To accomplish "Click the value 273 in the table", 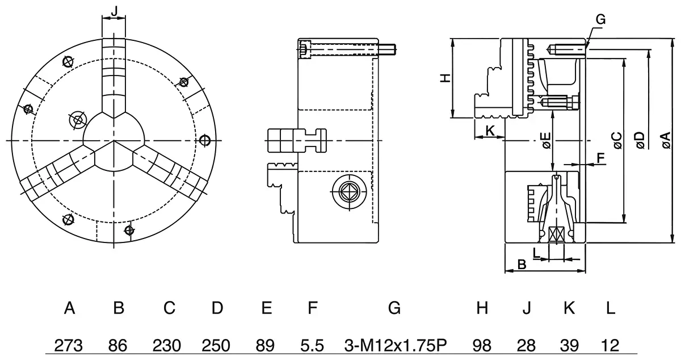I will coord(69,345).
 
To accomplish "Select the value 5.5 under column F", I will coord(312,345).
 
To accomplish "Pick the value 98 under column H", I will coord(482,345).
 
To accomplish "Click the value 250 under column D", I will coord(217,345).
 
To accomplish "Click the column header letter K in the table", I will coord(569,308).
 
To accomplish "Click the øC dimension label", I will coord(616,140).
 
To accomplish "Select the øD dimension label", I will coord(640,140).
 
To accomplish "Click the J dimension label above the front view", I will coord(114,11).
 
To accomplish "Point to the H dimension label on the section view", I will coord(446,78).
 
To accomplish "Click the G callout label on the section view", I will coord(601,19).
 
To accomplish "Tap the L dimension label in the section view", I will coord(536,251).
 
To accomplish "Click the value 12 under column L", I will coord(610,345).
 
